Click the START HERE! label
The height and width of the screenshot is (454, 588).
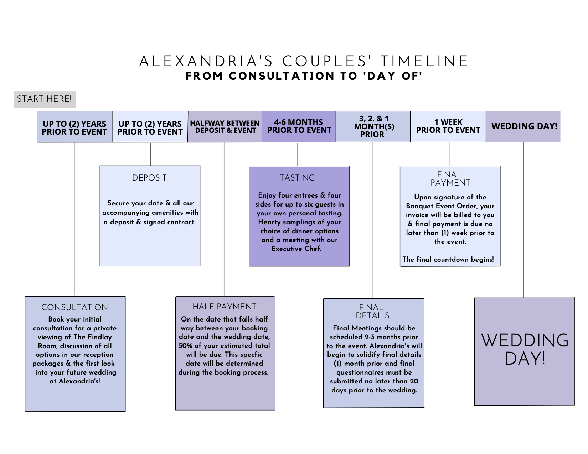point(45,99)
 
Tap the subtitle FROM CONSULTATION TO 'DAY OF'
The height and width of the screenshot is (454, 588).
point(304,76)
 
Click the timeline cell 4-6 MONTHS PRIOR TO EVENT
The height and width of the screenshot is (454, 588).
point(299,126)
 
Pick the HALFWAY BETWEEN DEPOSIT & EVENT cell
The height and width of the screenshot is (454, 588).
point(225,127)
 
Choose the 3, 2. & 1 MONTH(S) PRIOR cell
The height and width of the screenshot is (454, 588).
point(373,126)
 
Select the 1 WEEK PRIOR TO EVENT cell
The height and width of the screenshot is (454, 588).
point(448,126)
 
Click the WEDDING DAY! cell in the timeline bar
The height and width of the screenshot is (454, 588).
point(524,126)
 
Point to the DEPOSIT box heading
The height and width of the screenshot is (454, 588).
point(149,178)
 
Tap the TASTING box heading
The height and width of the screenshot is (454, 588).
point(297,178)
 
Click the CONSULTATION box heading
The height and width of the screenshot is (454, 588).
point(74,307)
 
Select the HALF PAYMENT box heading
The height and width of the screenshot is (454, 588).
point(225,307)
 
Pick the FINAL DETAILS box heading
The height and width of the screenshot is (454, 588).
point(372,311)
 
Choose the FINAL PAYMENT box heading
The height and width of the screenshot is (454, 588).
point(450,178)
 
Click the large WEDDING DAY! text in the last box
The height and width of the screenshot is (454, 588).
point(525,349)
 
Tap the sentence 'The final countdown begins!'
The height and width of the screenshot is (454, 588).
point(448,259)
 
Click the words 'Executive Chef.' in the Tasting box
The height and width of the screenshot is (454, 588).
point(296,249)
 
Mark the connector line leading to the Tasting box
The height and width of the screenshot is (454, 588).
point(298,154)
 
